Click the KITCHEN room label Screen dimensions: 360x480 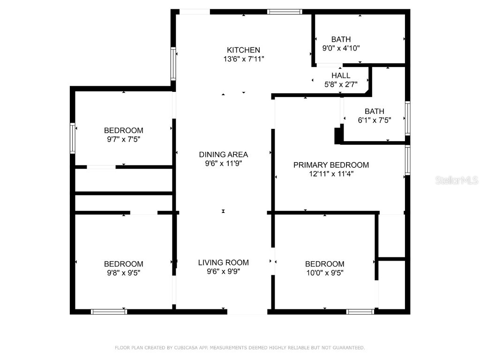(x=243, y=50)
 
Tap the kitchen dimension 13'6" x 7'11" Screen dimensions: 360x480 (x=243, y=59)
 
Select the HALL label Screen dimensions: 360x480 (x=341, y=75)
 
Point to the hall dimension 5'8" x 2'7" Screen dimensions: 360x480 (x=341, y=84)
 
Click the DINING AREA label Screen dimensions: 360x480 (x=223, y=155)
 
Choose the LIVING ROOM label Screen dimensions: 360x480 (x=223, y=262)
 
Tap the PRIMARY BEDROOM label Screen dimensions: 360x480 (x=331, y=165)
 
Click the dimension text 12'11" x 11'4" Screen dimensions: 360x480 (x=331, y=174)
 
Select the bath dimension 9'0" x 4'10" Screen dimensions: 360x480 (x=341, y=48)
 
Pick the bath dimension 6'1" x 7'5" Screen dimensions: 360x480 (x=374, y=120)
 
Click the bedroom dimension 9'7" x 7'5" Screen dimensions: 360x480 (x=123, y=139)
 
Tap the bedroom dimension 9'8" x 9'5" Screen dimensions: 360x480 (x=123, y=273)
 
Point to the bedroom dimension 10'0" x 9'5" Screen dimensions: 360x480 (x=324, y=273)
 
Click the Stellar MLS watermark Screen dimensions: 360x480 (x=457, y=180)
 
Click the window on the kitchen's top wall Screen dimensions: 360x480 (x=285, y=12)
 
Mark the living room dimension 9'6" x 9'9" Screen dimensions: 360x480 (x=223, y=271)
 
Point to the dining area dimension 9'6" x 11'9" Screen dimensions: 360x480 (x=223, y=164)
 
